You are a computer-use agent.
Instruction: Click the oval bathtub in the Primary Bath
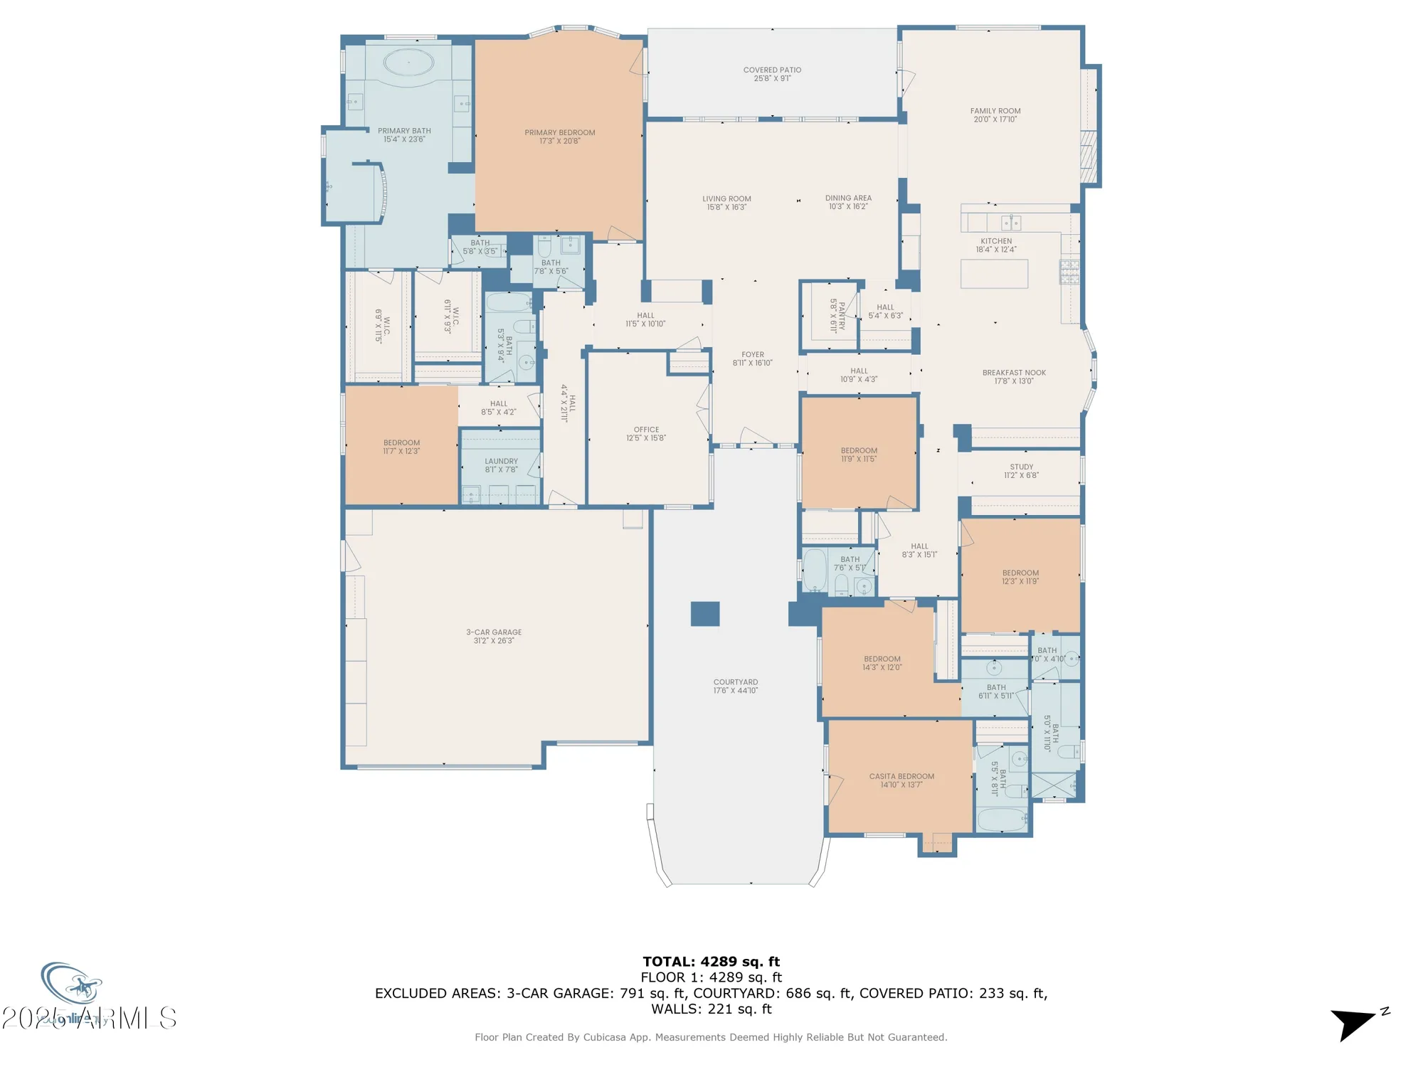[x=408, y=63]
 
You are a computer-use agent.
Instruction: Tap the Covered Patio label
[x=772, y=70]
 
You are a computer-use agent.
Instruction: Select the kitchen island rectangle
[x=994, y=274]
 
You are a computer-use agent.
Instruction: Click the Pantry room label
[x=837, y=316]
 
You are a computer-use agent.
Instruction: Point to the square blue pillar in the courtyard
[x=704, y=613]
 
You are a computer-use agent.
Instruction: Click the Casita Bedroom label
[x=901, y=776]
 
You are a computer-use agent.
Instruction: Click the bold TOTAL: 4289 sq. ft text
[x=711, y=962]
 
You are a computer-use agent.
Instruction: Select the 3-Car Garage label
[x=494, y=632]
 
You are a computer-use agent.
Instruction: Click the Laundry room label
[x=501, y=461]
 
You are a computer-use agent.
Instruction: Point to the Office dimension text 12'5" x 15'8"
[x=646, y=438]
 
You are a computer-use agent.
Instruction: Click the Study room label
[x=1021, y=467]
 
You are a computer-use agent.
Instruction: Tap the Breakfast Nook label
[x=1014, y=372]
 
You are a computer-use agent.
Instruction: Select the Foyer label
[x=753, y=354]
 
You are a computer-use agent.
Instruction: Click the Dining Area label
[x=848, y=198]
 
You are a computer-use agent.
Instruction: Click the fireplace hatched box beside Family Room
[x=1087, y=158]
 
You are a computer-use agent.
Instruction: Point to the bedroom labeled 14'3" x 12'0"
[x=882, y=662]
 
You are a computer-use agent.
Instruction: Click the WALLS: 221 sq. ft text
[x=711, y=1009]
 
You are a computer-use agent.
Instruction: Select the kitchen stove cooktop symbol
[x=1069, y=272]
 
